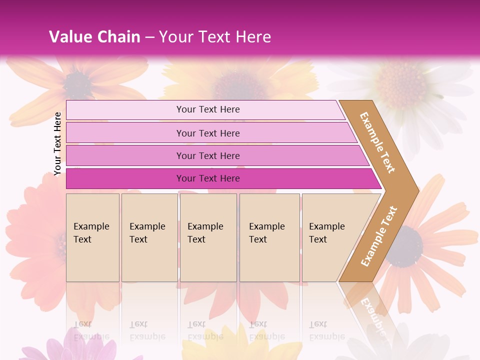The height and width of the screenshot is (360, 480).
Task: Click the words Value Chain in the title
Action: point(94,37)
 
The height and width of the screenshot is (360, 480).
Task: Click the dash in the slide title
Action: point(149,37)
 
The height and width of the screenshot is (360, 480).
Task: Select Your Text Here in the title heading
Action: point(215,37)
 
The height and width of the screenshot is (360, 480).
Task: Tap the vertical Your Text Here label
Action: point(57,144)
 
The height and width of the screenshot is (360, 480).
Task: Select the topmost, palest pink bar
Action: point(205,109)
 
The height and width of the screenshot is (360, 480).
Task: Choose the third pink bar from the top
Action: point(210,155)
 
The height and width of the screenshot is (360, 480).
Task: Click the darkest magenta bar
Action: point(215,178)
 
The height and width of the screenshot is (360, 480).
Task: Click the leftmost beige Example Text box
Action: point(92,237)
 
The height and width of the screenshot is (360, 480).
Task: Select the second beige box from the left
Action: point(149,237)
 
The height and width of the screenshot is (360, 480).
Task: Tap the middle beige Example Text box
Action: point(208,237)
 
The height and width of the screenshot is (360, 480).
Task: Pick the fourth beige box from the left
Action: point(269,237)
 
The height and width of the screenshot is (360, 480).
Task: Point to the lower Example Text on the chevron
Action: point(379,236)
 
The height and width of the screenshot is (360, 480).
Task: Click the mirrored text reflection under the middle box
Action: point(205,330)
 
